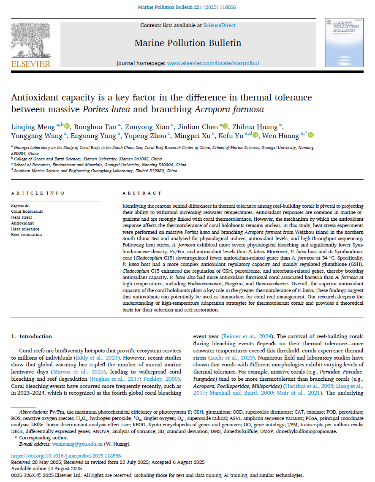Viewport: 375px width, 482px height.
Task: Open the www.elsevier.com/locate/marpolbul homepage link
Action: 213,63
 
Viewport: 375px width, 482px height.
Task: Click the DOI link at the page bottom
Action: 66,456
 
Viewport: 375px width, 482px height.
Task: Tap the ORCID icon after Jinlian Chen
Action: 226,126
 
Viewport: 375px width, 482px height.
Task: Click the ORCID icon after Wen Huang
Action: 311,135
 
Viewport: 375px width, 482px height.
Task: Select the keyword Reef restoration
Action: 26,235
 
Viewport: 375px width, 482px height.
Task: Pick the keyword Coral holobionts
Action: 27,211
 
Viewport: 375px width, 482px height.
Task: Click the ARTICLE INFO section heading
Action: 38,193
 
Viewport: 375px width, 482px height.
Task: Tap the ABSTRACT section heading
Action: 142,193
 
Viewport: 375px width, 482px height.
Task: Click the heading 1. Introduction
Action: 31,336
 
